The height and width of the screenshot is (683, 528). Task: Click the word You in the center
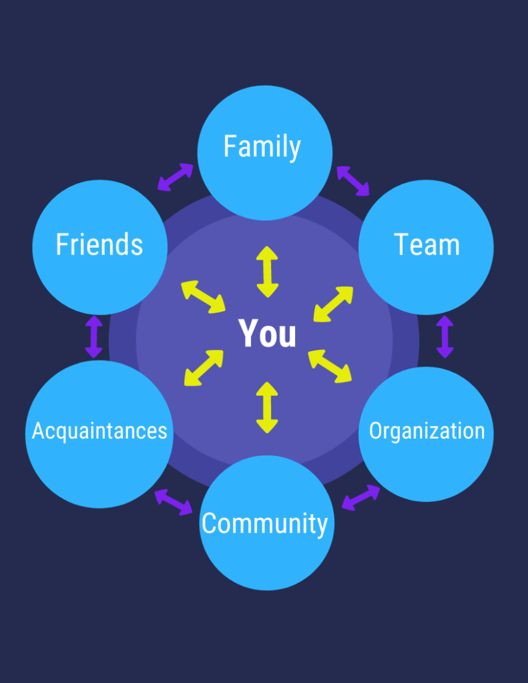pyautogui.click(x=267, y=333)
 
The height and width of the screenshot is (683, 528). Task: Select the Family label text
pyautogui.click(x=262, y=147)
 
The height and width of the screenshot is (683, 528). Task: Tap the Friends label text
pyautogui.click(x=99, y=244)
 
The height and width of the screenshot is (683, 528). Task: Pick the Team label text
pyautogui.click(x=427, y=244)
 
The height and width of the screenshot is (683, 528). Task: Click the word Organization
pyautogui.click(x=427, y=431)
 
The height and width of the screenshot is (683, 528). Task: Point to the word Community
pyautogui.click(x=264, y=523)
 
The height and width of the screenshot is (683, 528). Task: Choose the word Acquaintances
pyautogui.click(x=99, y=431)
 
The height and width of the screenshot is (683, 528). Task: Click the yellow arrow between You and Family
pyautogui.click(x=267, y=272)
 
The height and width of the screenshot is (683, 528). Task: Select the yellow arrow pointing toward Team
pyautogui.click(x=333, y=304)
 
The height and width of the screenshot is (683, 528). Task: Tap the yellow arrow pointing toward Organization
pyautogui.click(x=330, y=366)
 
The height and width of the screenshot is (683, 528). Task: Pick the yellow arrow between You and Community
pyautogui.click(x=267, y=407)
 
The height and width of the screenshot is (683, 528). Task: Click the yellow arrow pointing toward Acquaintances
pyautogui.click(x=204, y=367)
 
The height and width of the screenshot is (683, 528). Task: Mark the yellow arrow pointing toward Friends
pyautogui.click(x=204, y=297)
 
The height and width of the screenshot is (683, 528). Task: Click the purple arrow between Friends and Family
pyautogui.click(x=176, y=177)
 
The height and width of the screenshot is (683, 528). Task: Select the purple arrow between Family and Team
pyautogui.click(x=353, y=181)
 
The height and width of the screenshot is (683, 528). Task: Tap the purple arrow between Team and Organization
pyautogui.click(x=445, y=337)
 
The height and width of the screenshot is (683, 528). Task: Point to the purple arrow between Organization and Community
pyautogui.click(x=360, y=497)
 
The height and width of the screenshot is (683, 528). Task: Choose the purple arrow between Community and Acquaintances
pyautogui.click(x=174, y=502)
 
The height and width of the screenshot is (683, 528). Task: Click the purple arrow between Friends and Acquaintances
pyautogui.click(x=94, y=336)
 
